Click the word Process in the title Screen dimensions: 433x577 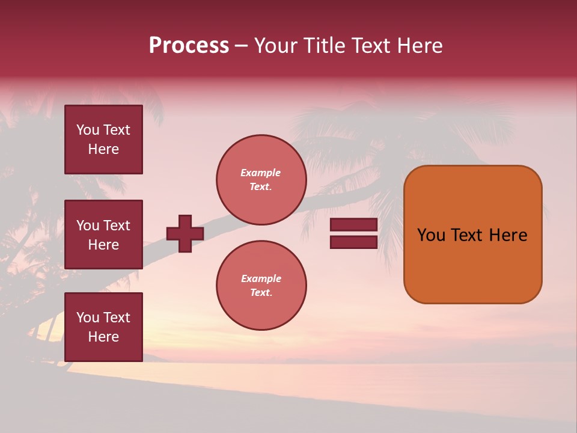tap(189, 46)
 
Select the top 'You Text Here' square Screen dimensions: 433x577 tap(103, 140)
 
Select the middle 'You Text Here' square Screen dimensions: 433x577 tap(103, 235)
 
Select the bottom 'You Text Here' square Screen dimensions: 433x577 tap(103, 327)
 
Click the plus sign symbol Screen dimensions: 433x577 tap(185, 233)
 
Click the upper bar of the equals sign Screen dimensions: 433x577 tap(353, 224)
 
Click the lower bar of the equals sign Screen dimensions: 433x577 tap(353, 242)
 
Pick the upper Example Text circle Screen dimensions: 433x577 tap(261, 179)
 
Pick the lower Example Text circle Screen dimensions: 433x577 tap(261, 285)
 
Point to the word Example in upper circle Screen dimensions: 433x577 tap(261, 173)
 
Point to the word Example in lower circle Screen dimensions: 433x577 tap(261, 278)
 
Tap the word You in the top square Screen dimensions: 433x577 tap(88, 130)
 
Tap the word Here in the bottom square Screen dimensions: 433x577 tap(103, 337)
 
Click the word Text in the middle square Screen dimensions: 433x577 tap(116, 226)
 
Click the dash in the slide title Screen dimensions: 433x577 tap(241, 46)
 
